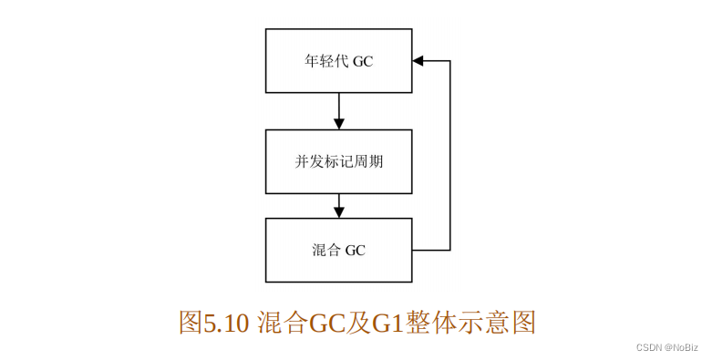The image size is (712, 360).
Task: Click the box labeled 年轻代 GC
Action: (338, 61)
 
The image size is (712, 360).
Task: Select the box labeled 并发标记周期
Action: (338, 161)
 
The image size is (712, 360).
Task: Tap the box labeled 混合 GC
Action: (338, 250)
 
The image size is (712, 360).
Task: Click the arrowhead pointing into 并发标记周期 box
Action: (339, 123)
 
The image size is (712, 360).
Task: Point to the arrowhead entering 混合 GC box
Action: (339, 211)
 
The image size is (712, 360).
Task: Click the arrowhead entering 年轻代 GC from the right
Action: (418, 61)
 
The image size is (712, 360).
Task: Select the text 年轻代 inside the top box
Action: (325, 62)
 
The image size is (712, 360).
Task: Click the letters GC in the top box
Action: (363, 62)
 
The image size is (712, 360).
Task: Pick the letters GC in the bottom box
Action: (355, 250)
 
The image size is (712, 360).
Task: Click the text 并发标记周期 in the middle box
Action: (338, 162)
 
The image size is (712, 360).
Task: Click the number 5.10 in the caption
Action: (225, 323)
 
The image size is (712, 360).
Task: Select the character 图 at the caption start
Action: (190, 323)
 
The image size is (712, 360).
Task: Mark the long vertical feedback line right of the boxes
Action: (450, 155)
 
